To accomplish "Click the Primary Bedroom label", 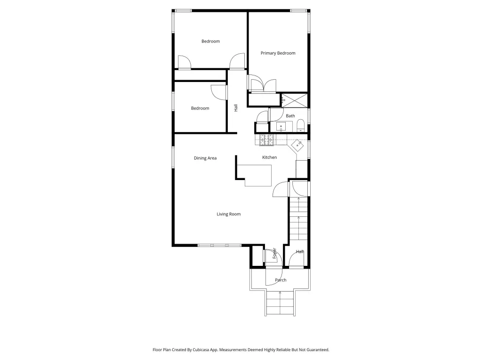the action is coord(278,53).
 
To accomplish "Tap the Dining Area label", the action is coord(205,158).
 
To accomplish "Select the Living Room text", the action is coord(228,214).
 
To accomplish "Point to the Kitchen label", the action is coord(269,157).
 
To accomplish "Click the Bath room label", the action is coord(290,116).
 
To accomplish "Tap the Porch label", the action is coord(281,280).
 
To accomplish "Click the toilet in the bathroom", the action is coord(300,125).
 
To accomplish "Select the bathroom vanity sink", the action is coord(281,126).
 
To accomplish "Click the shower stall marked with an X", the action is coord(295,100).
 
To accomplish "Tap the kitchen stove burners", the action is coord(266,140).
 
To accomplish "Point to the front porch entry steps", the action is coord(280,303).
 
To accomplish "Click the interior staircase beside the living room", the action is coord(298,219).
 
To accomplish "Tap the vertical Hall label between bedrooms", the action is coord(236,108).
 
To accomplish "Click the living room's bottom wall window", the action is coord(219,245).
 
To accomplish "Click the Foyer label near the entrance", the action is coord(274,253).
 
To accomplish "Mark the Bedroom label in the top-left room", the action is coord(210,41).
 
